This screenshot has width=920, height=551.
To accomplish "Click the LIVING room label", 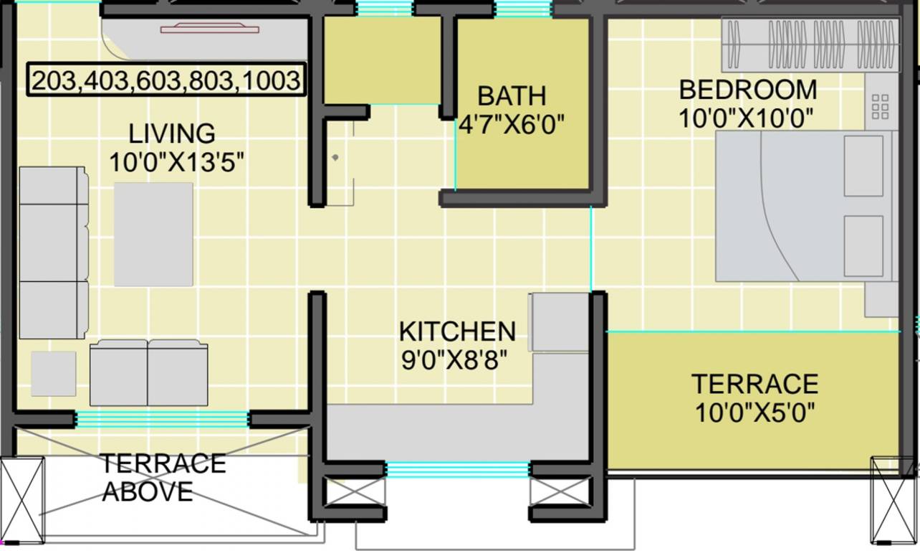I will tap(172, 133).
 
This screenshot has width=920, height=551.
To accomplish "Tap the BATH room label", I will tap(512, 95).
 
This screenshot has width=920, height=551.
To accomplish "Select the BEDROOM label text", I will tap(747, 90).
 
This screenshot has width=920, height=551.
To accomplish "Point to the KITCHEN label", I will tap(457, 331).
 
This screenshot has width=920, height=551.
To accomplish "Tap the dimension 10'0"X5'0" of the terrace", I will tap(754, 413).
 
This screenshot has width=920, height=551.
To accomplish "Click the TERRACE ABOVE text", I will tap(163, 477).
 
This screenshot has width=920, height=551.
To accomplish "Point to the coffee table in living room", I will tap(153, 234).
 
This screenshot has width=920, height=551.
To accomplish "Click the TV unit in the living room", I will tap(209, 29).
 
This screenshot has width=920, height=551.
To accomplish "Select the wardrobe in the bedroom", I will tap(810, 44).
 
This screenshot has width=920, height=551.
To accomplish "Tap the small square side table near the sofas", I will tap(53, 373).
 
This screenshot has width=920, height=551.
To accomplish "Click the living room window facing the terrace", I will tap(163, 418).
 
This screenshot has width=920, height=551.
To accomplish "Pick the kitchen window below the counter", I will tap(458, 470).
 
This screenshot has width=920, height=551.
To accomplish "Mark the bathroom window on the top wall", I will tap(524, 9).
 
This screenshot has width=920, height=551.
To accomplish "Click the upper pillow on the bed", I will tap(863, 166).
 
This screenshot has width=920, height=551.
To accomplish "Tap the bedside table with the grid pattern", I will tap(880, 107).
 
